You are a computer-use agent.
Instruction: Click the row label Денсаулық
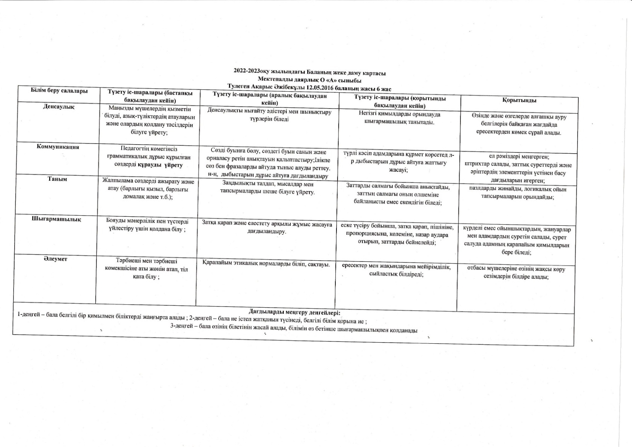(59, 107)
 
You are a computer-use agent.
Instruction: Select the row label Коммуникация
(58, 147)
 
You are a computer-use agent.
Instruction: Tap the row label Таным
(57, 179)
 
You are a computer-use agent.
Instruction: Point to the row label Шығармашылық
(56, 219)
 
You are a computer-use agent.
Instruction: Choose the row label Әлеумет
(55, 259)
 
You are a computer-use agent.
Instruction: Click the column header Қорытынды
(519, 100)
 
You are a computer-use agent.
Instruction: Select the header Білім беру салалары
(59, 91)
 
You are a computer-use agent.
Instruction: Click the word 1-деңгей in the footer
(29, 314)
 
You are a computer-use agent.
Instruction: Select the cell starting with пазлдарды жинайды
(517, 193)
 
